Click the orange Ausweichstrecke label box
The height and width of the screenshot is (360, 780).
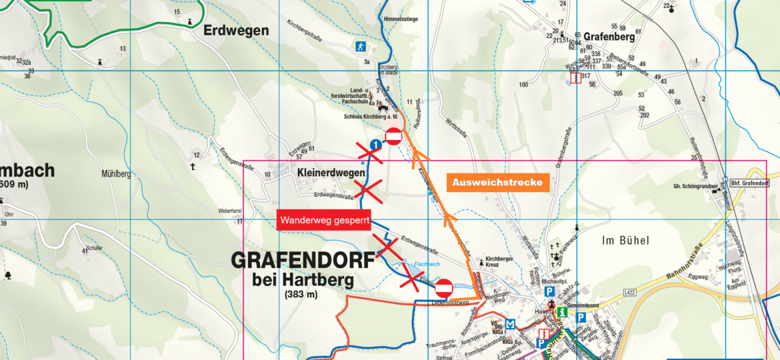(497, 182)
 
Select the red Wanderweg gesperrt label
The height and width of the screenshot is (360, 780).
(324, 219)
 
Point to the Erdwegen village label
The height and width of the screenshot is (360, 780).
(236, 31)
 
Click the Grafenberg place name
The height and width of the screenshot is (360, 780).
(611, 37)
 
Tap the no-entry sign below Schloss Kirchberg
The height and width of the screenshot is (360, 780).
(393, 137)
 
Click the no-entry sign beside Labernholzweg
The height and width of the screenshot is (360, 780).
(444, 288)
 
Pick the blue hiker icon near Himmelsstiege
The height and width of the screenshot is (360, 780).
(361, 47)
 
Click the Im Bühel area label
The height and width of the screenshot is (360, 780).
(625, 240)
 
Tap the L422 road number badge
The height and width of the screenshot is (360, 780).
(629, 291)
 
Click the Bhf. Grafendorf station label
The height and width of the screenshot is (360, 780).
(750, 183)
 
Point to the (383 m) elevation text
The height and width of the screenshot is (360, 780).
(302, 294)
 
